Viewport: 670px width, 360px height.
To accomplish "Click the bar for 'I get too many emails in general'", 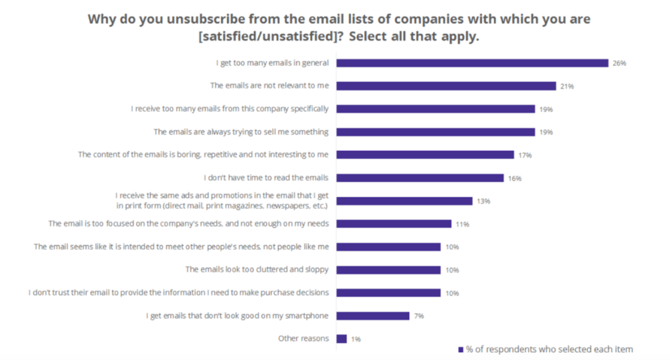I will click(x=472, y=63).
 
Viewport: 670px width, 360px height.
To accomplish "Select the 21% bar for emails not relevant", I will click(x=446, y=86).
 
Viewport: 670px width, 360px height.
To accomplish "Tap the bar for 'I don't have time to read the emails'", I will click(x=420, y=178).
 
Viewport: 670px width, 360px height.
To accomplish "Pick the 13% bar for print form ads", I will click(x=404, y=201).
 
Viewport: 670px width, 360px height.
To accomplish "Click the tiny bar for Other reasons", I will click(x=342, y=339).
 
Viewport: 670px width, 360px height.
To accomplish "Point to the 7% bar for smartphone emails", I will click(x=373, y=316).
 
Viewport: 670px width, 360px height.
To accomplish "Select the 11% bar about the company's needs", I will click(x=394, y=224).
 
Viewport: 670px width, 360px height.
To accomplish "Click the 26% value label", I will click(x=620, y=63).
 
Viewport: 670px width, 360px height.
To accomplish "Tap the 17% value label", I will click(x=525, y=155).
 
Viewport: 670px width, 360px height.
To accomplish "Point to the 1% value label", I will click(x=355, y=339).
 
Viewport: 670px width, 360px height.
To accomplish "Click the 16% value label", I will click(x=514, y=178).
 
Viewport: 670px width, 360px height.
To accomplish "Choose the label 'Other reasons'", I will click(x=303, y=338).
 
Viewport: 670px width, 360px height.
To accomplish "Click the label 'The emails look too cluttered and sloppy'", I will click(x=257, y=270).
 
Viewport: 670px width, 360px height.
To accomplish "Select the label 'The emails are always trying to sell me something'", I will click(x=241, y=132).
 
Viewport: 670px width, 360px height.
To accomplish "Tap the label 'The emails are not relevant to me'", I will click(x=269, y=86).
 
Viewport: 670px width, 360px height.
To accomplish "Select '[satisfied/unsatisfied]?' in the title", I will click(x=270, y=37).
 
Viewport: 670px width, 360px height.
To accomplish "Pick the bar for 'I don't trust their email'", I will click(x=389, y=293).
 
